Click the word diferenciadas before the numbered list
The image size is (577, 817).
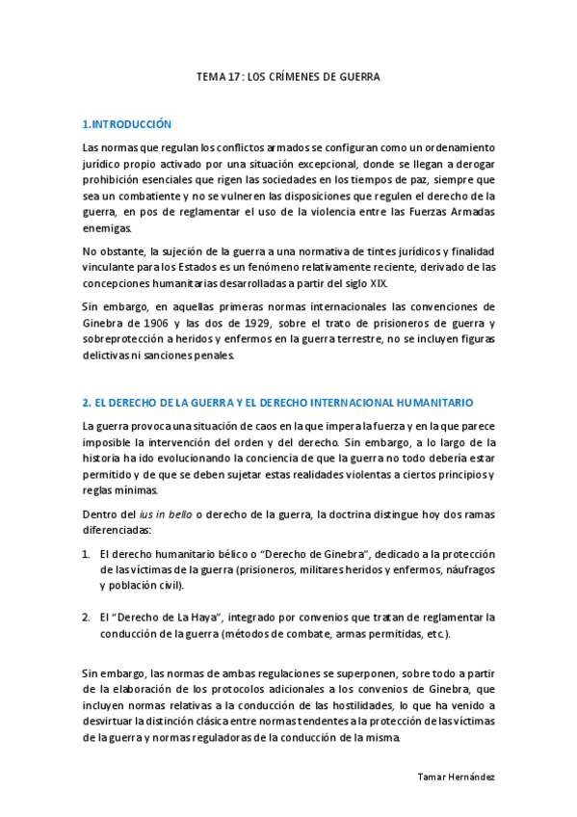118,531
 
